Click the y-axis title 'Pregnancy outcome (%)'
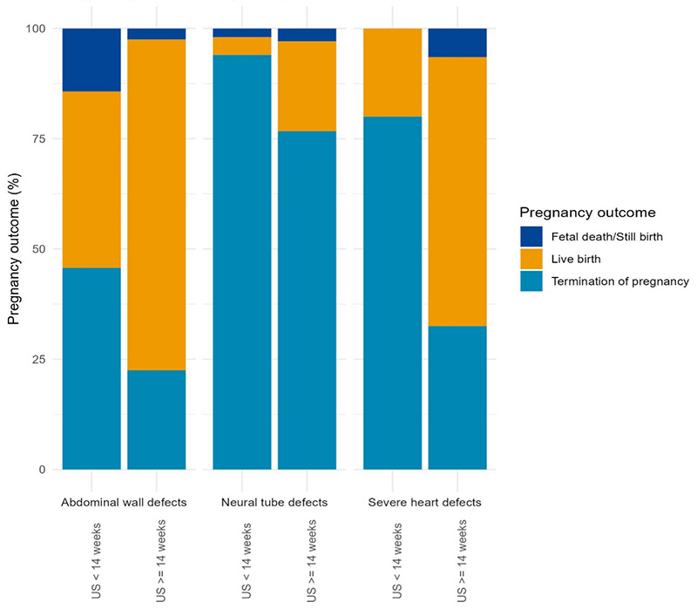[x=14, y=249]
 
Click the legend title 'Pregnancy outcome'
[x=586, y=213]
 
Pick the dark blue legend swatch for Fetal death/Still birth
[x=531, y=236]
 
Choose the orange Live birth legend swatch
[x=531, y=259]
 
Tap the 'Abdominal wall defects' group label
[x=124, y=503]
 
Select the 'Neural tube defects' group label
[x=274, y=503]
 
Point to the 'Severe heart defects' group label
[x=424, y=503]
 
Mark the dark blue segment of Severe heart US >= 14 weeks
[x=457, y=43]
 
